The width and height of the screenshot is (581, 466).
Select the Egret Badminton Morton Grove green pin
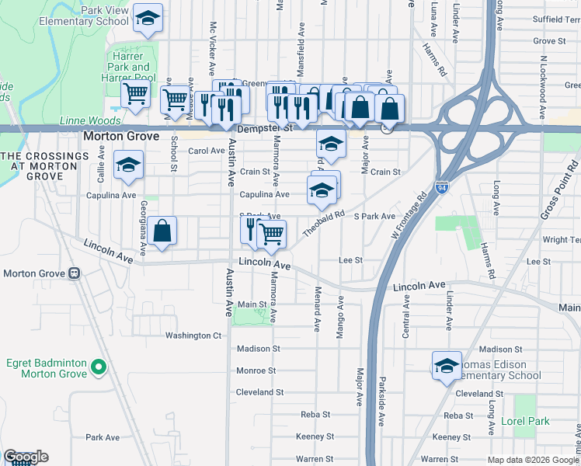point(99,367)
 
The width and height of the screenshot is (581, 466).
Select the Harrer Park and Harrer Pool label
point(128,68)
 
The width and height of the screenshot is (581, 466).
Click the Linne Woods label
point(90,120)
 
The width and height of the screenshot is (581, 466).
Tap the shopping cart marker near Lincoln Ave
point(271,233)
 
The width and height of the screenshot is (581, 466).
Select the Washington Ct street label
point(193,336)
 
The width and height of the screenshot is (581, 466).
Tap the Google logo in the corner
point(26,457)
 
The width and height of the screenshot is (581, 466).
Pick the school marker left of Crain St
point(129,164)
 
